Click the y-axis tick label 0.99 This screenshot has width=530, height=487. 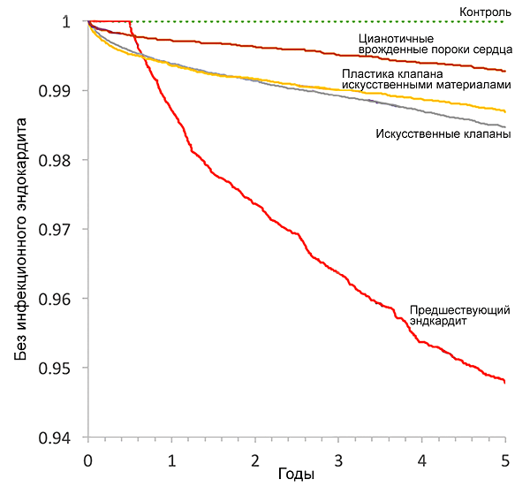[63, 91]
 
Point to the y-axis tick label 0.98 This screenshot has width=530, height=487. [63, 160]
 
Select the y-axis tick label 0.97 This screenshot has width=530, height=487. [63, 229]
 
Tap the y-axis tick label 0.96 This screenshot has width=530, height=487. [63, 299]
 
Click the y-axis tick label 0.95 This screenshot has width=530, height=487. [63, 368]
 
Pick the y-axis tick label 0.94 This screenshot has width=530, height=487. [63, 437]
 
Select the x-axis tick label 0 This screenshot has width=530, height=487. [88, 461]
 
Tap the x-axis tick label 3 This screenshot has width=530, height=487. [338, 461]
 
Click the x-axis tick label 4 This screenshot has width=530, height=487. [422, 461]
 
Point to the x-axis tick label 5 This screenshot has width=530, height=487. [505, 461]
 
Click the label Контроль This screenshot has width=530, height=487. [485, 11]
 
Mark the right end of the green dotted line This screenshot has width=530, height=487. [505, 21]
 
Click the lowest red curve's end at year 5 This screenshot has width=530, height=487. [505, 382]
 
